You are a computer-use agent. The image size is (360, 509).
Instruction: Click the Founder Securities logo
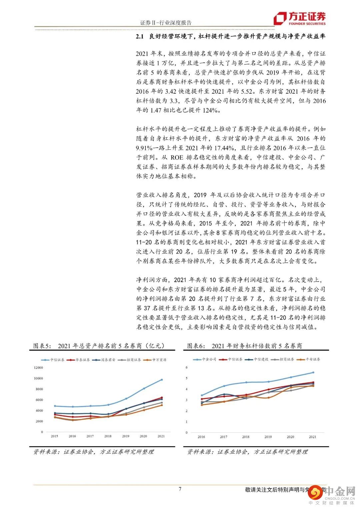tap(299, 19)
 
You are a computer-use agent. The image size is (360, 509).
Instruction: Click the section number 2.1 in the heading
tap(139, 37)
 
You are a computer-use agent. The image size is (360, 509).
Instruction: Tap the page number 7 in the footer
tap(180, 489)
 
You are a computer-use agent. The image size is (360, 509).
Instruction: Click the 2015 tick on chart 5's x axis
tap(54, 436)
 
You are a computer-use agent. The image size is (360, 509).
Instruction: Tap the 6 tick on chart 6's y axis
tap(187, 367)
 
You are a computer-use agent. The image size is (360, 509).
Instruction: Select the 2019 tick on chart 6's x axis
tap(268, 437)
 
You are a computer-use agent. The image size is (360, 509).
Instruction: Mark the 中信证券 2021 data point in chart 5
tap(162, 380)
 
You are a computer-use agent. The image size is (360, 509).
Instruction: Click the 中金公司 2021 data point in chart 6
tap(313, 372)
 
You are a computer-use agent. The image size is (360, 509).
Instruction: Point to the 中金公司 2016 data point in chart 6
tap(202, 395)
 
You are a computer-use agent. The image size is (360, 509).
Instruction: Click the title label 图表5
tap(41, 346)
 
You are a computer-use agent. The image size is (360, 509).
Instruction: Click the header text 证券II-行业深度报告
tap(166, 23)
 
